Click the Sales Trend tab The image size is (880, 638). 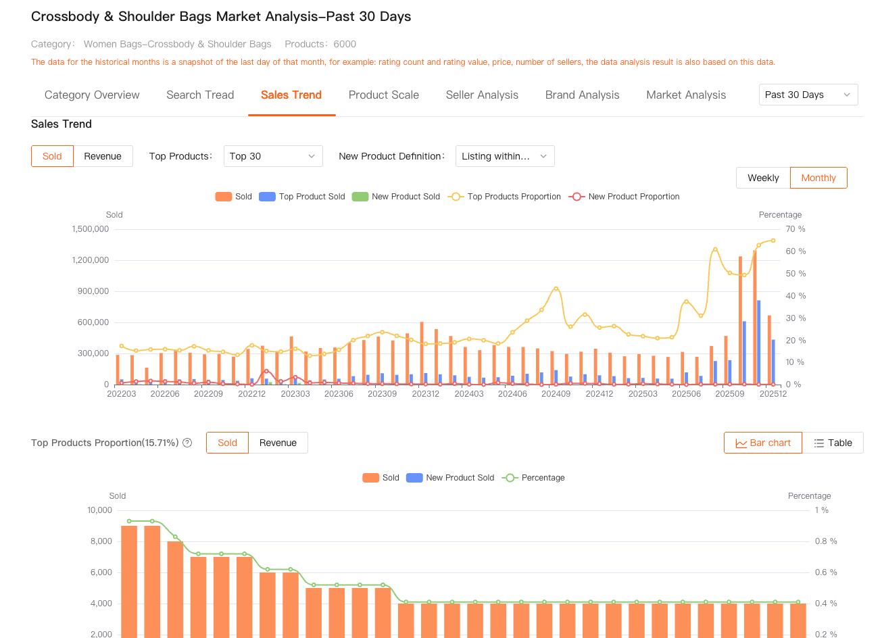(291, 95)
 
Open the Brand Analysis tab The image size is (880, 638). (582, 95)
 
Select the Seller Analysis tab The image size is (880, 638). (482, 95)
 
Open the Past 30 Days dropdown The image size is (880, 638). (808, 95)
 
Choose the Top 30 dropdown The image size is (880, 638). (272, 156)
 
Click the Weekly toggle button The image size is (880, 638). (763, 178)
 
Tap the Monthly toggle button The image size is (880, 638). (818, 178)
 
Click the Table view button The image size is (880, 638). (833, 443)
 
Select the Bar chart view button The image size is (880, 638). (763, 443)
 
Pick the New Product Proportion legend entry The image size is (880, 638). (625, 197)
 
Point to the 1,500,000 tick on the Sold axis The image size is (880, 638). (91, 229)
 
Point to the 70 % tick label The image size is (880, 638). (796, 229)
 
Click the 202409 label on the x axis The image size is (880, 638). (556, 394)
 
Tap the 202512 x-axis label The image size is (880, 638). (773, 394)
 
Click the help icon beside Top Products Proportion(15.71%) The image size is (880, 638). (187, 443)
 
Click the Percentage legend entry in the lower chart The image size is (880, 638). (534, 478)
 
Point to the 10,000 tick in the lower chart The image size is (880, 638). (100, 510)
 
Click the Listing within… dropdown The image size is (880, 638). (505, 156)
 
